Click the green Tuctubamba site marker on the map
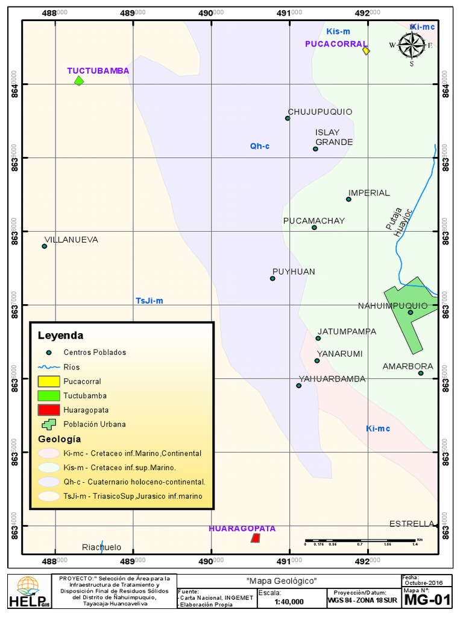(x=78, y=81)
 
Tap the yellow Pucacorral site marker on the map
(x=366, y=51)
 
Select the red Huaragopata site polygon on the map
(x=256, y=538)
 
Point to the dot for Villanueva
(x=44, y=246)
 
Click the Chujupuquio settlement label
(x=320, y=112)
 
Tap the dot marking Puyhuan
(x=272, y=278)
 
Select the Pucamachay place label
(x=314, y=221)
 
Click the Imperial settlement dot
(x=348, y=199)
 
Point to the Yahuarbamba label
(x=332, y=379)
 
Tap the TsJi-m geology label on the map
(x=149, y=301)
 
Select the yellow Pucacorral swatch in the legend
(x=49, y=381)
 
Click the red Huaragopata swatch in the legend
(x=49, y=410)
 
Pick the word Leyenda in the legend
(x=60, y=336)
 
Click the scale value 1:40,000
(x=289, y=602)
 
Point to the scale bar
(x=362, y=540)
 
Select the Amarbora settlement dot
(x=421, y=373)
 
